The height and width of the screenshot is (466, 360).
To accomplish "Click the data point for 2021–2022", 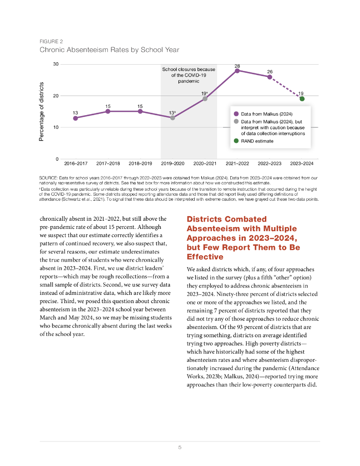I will tap(237, 71).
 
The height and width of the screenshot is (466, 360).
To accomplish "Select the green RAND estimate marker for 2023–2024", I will tap(302, 99).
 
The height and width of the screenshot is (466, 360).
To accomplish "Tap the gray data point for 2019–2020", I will tap(172, 118).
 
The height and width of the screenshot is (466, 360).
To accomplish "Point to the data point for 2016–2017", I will tap(75, 118).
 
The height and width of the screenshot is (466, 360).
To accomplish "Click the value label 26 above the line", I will tap(269, 72).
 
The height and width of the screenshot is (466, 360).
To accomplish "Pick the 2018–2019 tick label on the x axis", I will tap(140, 163).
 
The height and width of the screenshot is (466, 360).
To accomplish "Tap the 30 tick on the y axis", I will tap(56, 64).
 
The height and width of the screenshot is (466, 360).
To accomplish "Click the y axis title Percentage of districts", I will tap(41, 111).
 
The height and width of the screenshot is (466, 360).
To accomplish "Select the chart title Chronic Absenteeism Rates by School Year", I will tap(109, 50).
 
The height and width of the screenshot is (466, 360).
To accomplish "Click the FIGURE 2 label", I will tap(51, 41).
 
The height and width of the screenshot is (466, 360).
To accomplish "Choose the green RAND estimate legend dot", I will tap(236, 141).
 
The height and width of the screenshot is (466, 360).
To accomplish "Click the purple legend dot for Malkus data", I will tap(236, 114).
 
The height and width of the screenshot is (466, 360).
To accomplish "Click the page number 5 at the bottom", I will tap(180, 447).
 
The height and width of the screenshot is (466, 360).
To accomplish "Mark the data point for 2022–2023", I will tap(269, 77).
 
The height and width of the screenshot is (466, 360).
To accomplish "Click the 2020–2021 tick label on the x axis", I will tap(205, 163).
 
